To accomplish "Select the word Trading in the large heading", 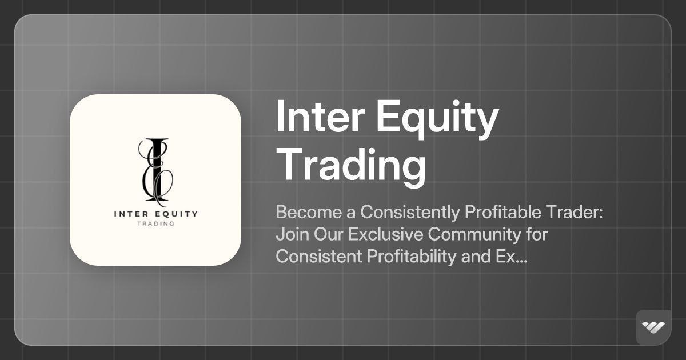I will pos(351,165).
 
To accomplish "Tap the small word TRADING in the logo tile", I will pos(155,223).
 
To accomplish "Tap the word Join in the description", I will pos(289,235).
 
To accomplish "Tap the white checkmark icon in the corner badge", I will pos(653,327).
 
